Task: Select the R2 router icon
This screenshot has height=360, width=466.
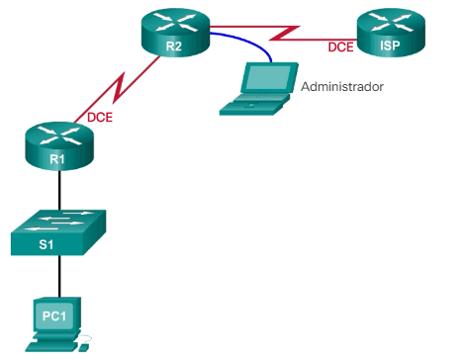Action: [174, 35]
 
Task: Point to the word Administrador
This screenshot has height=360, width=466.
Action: [340, 87]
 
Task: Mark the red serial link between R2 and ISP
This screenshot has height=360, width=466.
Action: [287, 32]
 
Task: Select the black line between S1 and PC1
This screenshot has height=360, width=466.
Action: [60, 276]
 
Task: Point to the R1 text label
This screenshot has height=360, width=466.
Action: [57, 156]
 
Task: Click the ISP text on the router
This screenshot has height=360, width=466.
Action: [388, 45]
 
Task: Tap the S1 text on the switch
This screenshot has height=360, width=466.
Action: [47, 243]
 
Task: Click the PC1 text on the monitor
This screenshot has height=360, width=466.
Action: [53, 315]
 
